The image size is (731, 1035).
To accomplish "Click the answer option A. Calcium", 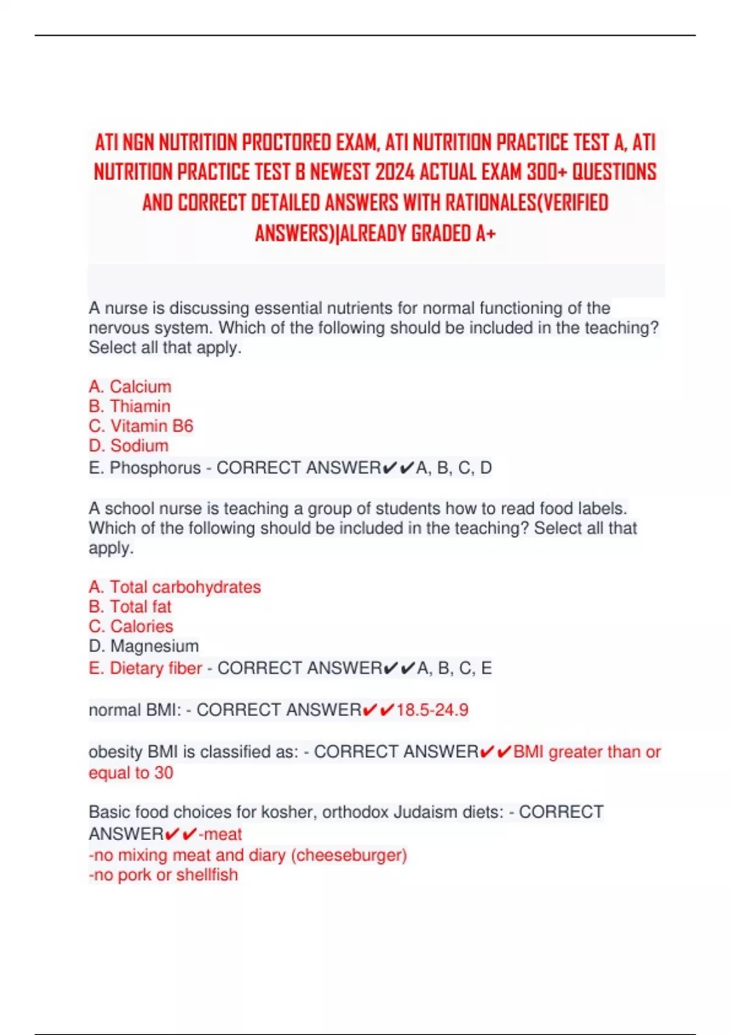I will coord(130,387).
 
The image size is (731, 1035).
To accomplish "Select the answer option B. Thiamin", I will coord(129,406).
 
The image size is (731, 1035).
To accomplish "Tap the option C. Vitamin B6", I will coord(141,426).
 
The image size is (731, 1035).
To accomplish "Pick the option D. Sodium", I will coord(129,446).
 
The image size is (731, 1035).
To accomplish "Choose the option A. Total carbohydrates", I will coord(174,587).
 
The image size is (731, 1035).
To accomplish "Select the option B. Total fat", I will coord(130,606).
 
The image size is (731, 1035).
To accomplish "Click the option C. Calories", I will coord(130,626).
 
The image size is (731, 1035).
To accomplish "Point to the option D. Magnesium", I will coord(144,646).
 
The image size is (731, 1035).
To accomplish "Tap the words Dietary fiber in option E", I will coord(155,668).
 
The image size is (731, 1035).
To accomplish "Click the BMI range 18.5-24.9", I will coord(432,710).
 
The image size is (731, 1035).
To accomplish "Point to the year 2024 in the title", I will coord(395,172).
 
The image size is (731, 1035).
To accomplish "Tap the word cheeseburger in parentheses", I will coord(349,855).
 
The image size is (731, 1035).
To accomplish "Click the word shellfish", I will coord(207,875).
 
